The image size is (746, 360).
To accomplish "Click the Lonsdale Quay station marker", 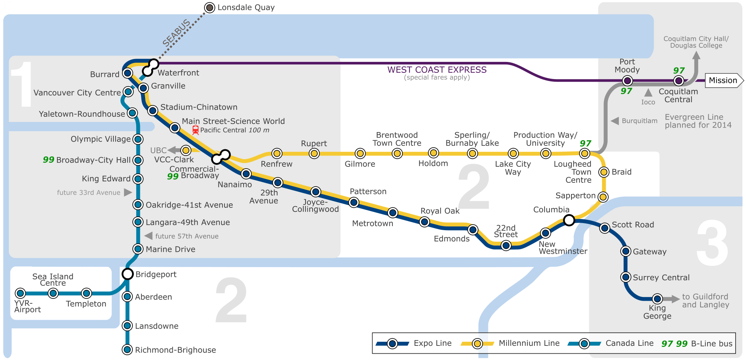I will tap(210, 7).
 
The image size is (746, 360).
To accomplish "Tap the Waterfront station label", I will tap(178, 73).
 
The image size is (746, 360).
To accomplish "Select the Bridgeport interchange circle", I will tap(128, 274).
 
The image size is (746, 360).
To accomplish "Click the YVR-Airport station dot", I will tap(20, 293).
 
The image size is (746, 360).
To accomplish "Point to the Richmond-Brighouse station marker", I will tap(128, 350).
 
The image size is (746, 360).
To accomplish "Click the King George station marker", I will tap(657, 299).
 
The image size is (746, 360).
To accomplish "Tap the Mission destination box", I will tap(723, 81).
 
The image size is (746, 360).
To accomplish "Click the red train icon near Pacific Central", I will tap(195, 130).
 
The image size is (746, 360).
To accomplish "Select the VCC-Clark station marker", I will tap(186, 150).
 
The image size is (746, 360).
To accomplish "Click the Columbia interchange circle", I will tap(569, 220).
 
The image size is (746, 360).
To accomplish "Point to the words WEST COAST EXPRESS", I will tap(437, 70).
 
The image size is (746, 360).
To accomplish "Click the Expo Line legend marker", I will tap(392, 344).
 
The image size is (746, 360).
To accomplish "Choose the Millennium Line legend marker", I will tap(477, 344).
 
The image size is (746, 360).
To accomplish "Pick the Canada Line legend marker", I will tap(584, 344).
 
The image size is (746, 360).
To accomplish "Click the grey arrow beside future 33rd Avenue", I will tap(128, 192).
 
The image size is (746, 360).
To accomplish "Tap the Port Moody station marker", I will tap(627, 81).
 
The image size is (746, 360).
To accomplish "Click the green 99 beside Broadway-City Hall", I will tap(48, 160).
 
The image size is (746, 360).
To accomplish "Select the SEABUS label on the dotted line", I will tap(177, 33).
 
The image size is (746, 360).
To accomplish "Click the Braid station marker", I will tap(604, 172).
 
